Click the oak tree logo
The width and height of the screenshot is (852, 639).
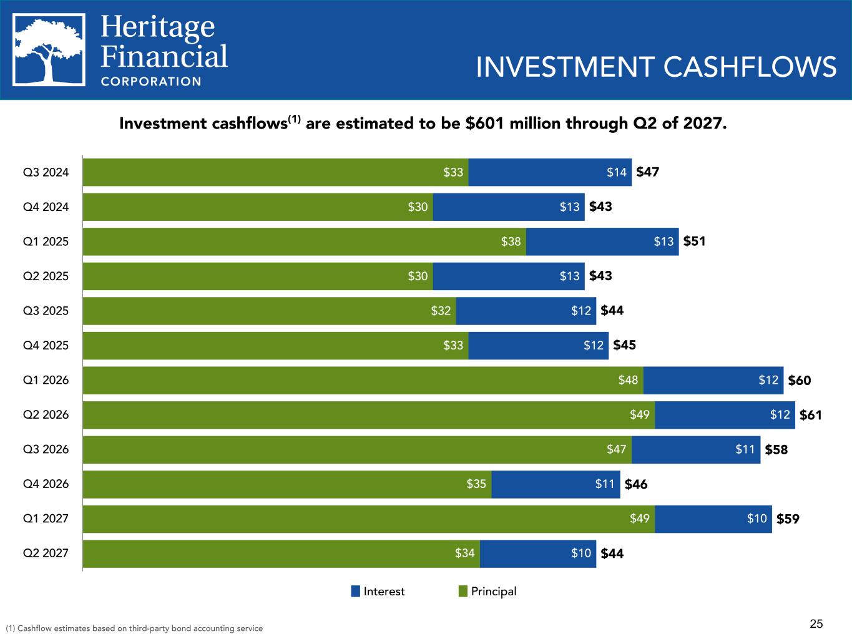(49, 49)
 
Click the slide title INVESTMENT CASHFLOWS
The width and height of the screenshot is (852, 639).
(655, 67)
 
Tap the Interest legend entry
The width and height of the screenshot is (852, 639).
(378, 592)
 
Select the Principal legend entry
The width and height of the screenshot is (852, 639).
(487, 592)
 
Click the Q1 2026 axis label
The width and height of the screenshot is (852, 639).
(46, 380)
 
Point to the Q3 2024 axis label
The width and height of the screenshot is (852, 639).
(46, 172)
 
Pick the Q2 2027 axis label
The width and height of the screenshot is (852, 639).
(46, 553)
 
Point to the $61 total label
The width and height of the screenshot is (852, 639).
(810, 415)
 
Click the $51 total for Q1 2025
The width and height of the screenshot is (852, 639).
(694, 241)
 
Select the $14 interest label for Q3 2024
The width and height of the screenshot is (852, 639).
(617, 172)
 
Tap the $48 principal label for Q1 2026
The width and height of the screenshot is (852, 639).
(629, 380)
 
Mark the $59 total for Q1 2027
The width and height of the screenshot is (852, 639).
(788, 519)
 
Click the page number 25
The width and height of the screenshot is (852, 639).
(816, 623)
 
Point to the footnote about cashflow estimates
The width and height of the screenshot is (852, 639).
(134, 628)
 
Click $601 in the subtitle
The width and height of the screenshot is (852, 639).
(485, 124)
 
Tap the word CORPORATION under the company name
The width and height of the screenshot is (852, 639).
(151, 81)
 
